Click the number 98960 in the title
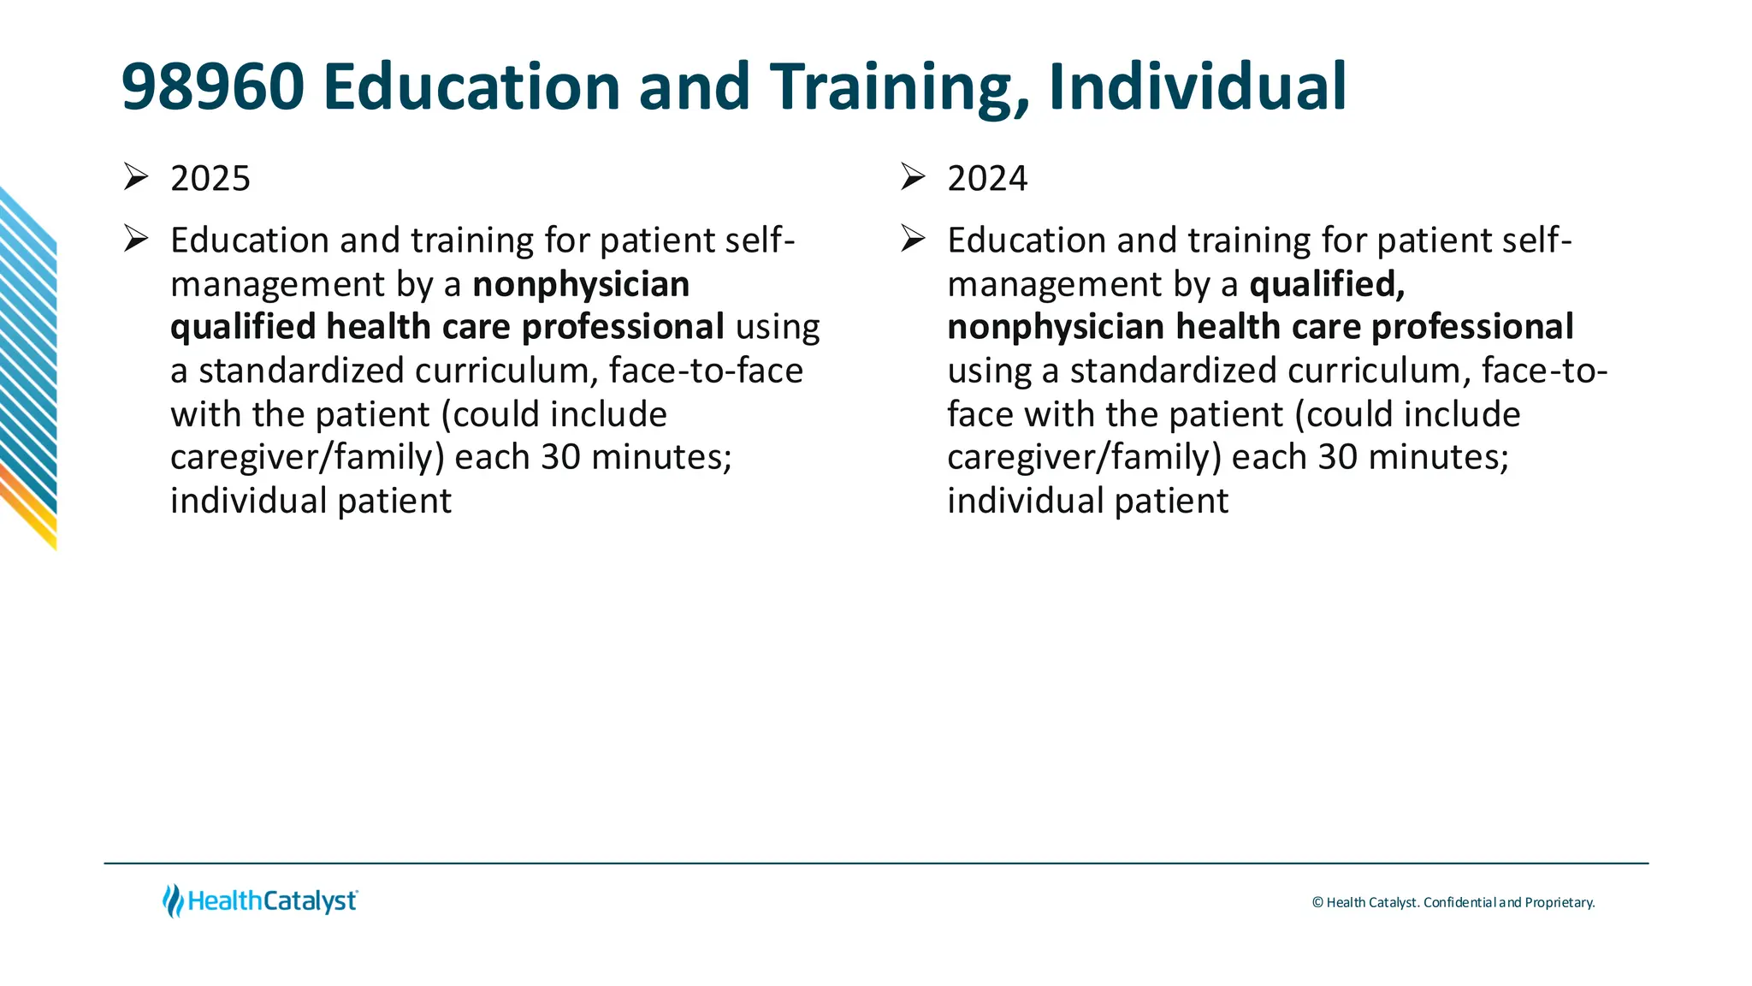click(x=213, y=87)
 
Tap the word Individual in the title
click(x=1197, y=87)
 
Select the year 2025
click(x=210, y=179)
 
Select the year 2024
click(x=987, y=179)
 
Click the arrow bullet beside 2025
click(x=136, y=176)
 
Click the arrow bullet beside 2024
click(x=913, y=176)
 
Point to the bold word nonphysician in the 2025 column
click(x=581, y=284)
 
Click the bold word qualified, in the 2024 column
click(x=1327, y=284)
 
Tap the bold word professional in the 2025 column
click(x=623, y=327)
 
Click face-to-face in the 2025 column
click(x=706, y=371)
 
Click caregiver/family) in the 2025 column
click(x=307, y=458)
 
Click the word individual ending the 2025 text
click(x=249, y=502)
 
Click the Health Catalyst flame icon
click(x=173, y=901)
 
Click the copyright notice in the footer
click(x=1453, y=903)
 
